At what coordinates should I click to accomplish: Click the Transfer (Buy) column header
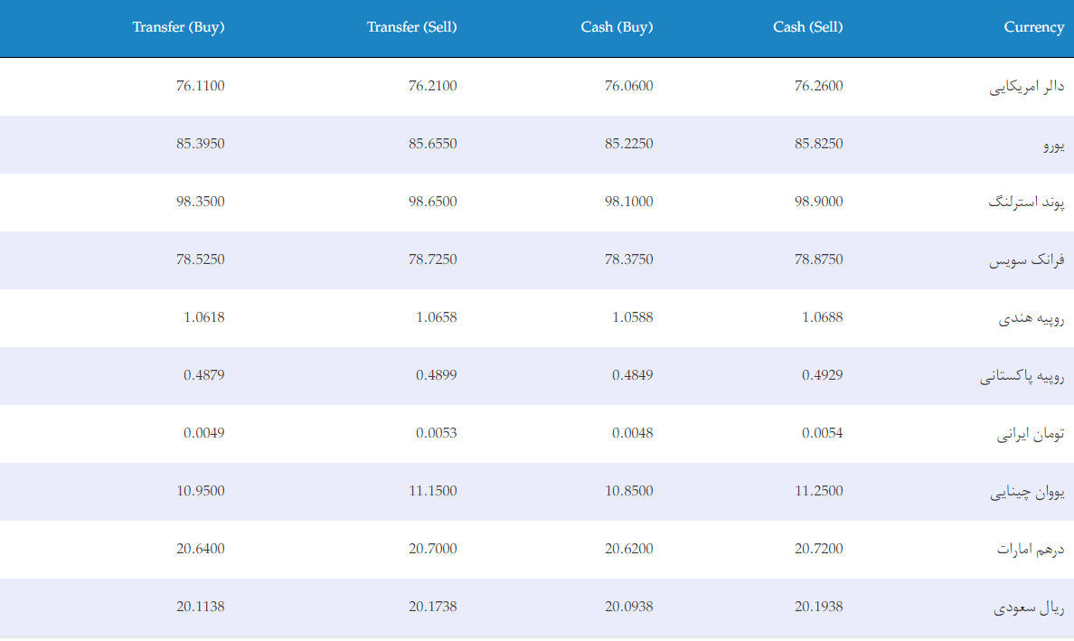coord(178,27)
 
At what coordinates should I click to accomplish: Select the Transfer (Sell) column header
coord(411,27)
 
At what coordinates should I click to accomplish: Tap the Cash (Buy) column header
coord(617,27)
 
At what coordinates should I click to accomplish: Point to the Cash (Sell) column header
coord(807,27)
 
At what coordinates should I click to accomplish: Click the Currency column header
coord(1034,27)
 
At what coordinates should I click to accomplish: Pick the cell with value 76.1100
coord(200,86)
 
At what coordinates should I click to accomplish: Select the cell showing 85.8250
coord(818,144)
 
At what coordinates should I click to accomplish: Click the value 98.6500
coord(432,202)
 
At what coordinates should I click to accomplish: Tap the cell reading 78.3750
coord(629,259)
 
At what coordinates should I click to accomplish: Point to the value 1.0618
coord(203,317)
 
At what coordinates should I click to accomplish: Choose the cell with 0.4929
coord(822,375)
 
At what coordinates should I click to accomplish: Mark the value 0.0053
coord(436,433)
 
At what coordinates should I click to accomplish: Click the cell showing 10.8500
coord(629,491)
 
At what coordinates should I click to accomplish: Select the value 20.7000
coord(432,549)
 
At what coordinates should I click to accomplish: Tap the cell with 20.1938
coord(818,607)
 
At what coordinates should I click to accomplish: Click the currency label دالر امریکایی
coord(1027,87)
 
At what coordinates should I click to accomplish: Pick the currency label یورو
coord(1054,146)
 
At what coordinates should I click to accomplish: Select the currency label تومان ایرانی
coord(1031,434)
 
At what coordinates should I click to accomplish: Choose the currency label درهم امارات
coord(1031,549)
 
